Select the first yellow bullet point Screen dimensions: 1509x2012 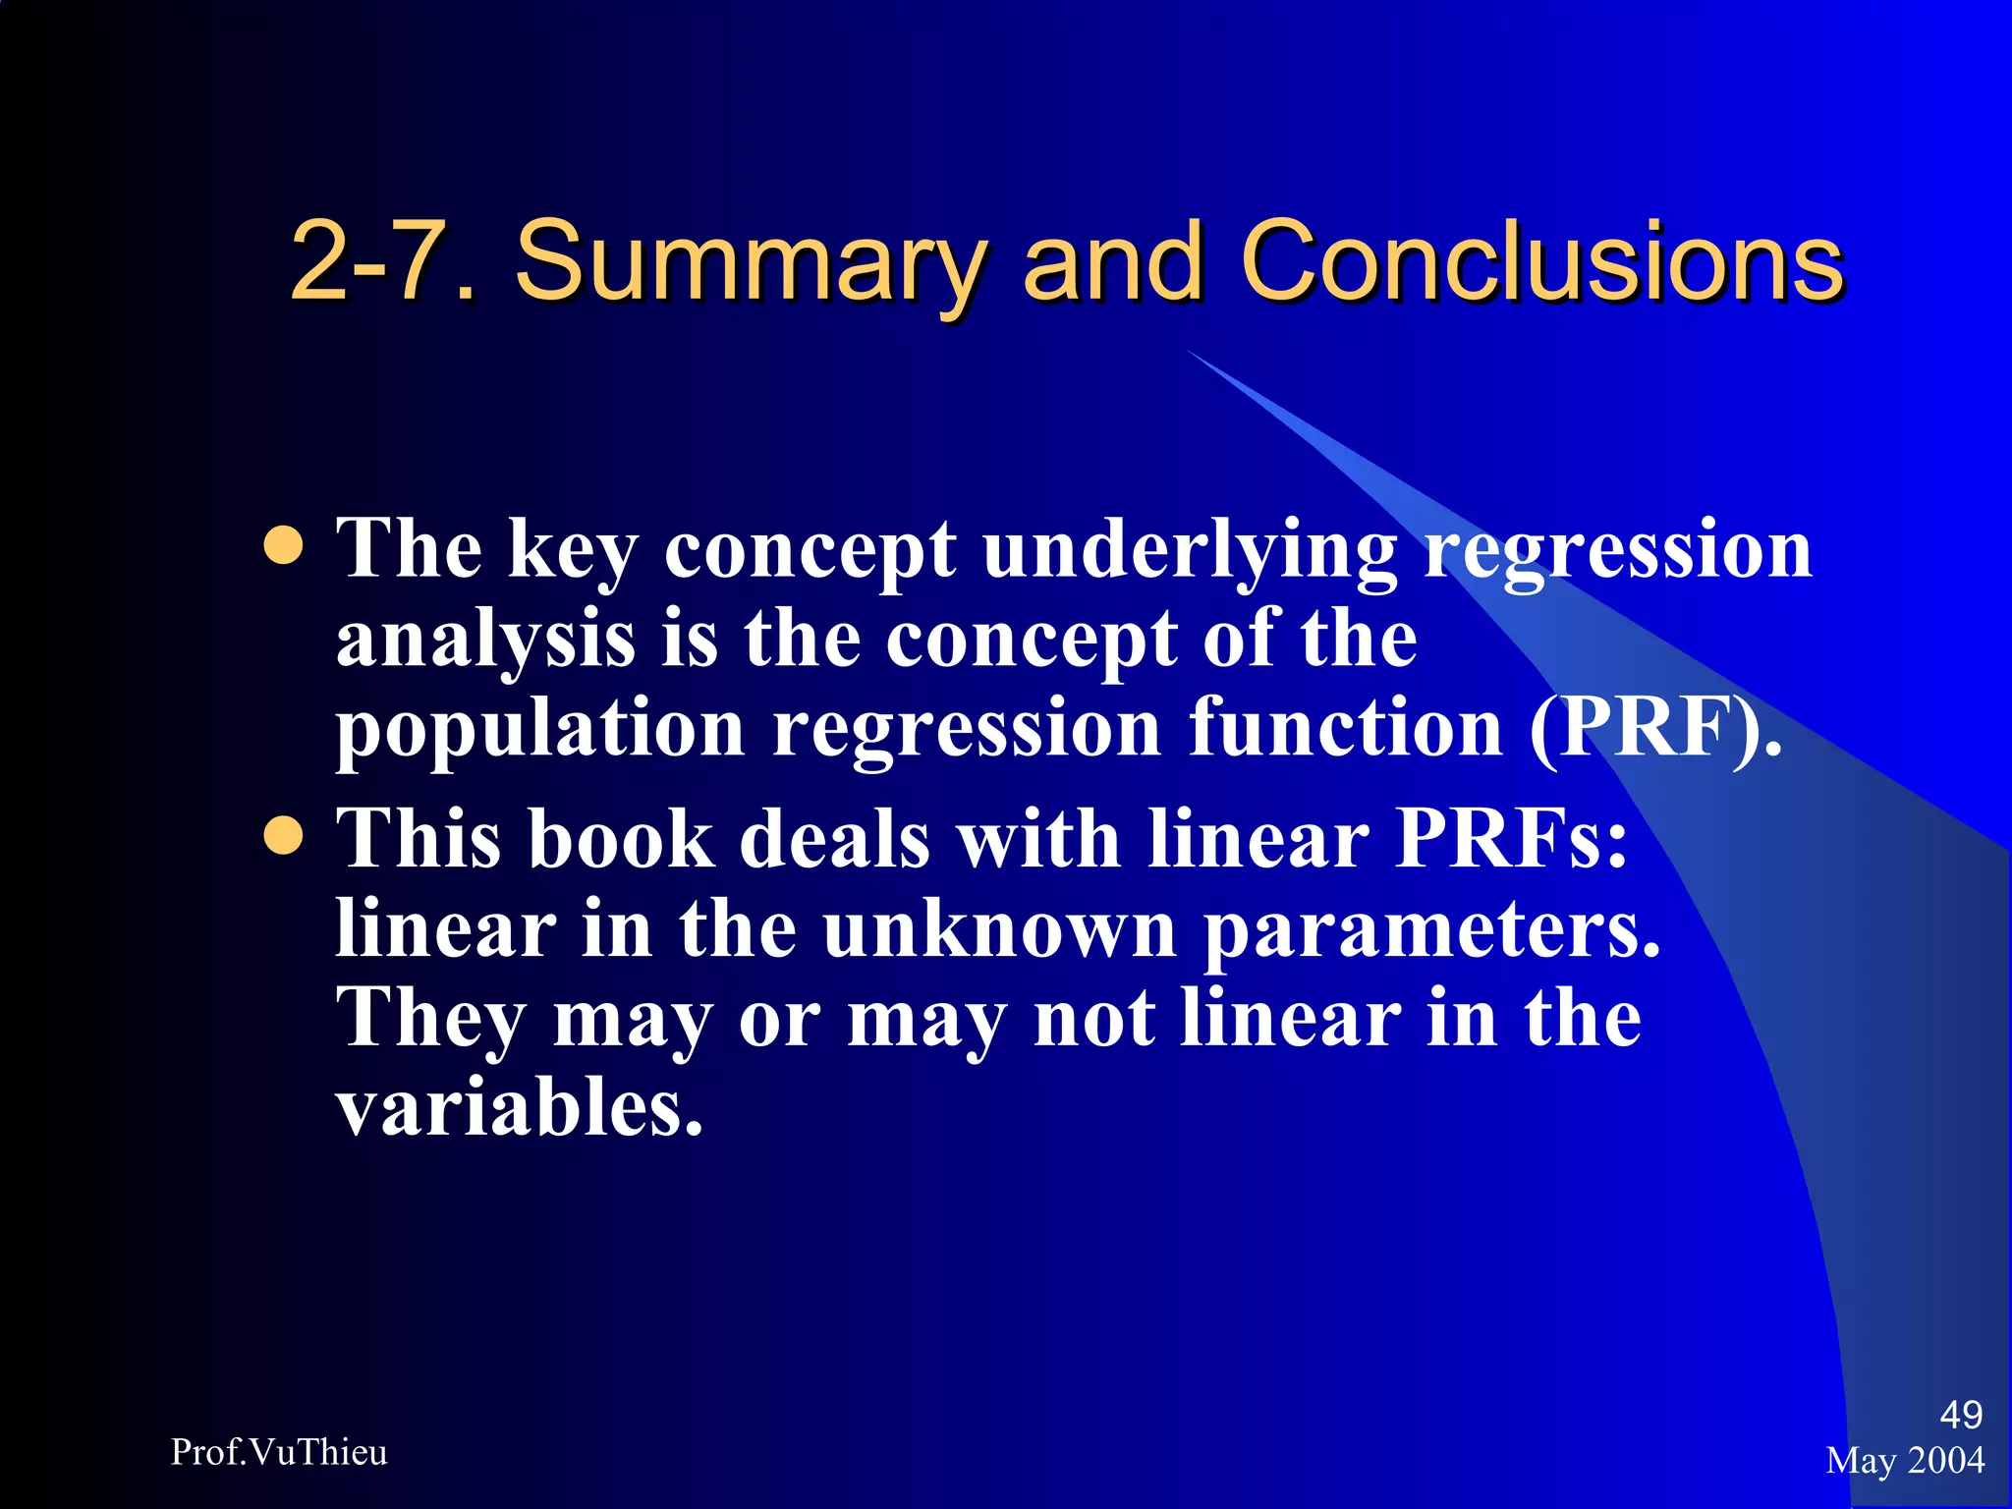tap(284, 545)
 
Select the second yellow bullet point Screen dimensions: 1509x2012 tap(284, 836)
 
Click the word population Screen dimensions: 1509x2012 tap(540, 731)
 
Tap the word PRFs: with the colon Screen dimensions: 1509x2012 tap(1512, 840)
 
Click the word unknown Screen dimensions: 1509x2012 tap(1000, 928)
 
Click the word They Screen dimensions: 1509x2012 tap(431, 1020)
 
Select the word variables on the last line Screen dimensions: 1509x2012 tap(519, 1107)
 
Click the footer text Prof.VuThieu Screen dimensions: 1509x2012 tap(279, 1452)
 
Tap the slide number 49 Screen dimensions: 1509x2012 tap(1960, 1415)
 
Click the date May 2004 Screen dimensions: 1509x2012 tap(1904, 1460)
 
